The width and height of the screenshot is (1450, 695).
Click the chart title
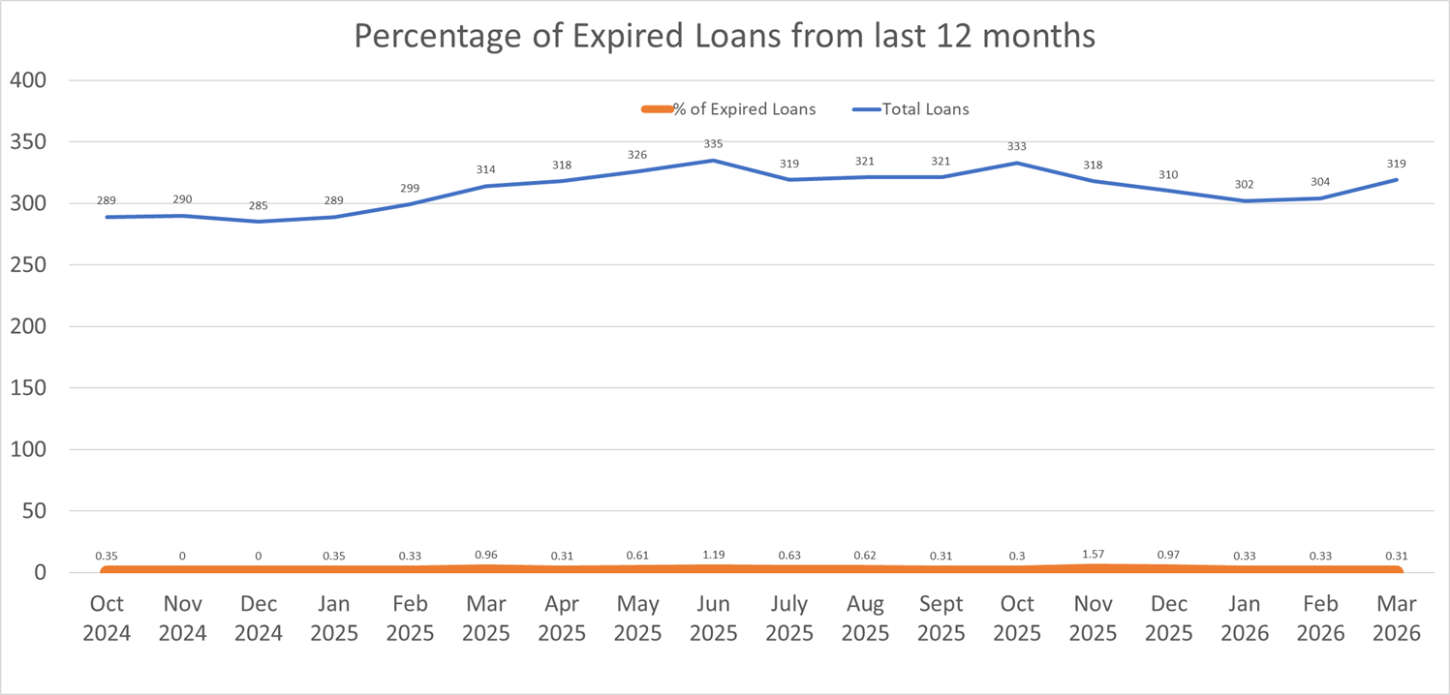point(725,36)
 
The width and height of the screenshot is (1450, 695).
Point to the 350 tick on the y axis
point(28,142)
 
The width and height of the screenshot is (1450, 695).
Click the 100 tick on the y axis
point(28,449)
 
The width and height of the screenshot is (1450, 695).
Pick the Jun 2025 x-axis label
point(713,618)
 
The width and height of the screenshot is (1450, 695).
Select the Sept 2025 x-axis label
point(941,618)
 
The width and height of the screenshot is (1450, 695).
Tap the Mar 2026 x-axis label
point(1396,618)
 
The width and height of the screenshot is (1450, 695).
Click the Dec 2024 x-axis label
point(258,618)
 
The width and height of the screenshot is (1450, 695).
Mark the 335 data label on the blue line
point(713,144)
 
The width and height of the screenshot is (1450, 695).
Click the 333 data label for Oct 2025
point(1016,147)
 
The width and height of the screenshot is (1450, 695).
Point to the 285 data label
point(258,206)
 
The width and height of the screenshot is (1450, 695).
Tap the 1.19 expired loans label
point(713,554)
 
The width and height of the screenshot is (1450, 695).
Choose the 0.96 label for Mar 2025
point(485,555)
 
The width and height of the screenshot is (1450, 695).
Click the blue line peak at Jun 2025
point(713,161)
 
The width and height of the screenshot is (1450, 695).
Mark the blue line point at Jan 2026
point(1245,201)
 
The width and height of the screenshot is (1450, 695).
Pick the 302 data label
point(1245,185)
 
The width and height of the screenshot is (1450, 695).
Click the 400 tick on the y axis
point(28,80)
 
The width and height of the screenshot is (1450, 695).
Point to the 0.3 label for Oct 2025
point(1016,557)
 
